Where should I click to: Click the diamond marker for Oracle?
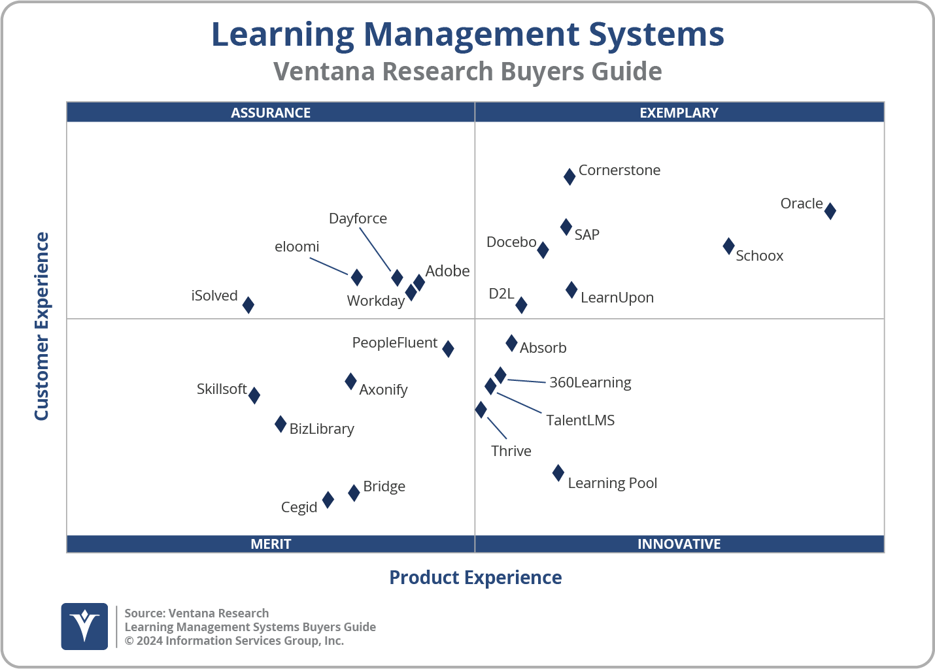coord(830,211)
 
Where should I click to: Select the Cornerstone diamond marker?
coord(569,176)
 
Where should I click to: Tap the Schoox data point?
coord(728,246)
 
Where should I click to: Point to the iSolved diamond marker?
coord(248,304)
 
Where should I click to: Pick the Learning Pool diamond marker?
coord(558,473)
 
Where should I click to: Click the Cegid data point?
coord(328,500)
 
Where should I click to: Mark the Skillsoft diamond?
coord(254,395)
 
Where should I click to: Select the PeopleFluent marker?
coord(448,349)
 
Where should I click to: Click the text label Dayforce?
coord(358,218)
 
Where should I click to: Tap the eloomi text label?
coord(297,246)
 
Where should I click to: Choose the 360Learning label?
coord(590,382)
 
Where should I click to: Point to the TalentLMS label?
coord(580,420)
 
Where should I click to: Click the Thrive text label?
coord(511,451)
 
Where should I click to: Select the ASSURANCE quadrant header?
coord(271,112)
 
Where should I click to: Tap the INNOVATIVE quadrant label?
coord(679,544)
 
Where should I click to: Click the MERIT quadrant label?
coord(271,544)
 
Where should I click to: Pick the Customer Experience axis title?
coord(42,327)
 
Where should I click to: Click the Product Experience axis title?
coord(475,578)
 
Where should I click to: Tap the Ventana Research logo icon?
coord(84,626)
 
